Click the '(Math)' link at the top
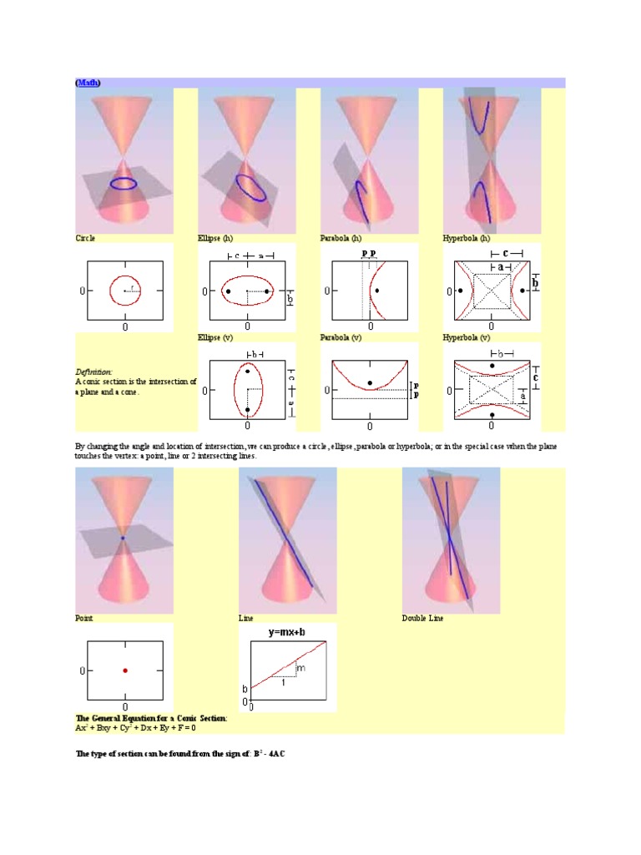pos(88,83)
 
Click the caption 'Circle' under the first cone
pos(85,238)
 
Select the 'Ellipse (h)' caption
pos(215,238)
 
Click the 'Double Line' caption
pos(423,619)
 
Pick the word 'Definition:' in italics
pos(93,372)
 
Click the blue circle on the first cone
pos(125,183)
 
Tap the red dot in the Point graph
pos(125,670)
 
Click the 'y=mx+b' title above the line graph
pos(286,633)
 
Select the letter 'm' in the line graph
pos(301,669)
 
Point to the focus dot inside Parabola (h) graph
pos(377,291)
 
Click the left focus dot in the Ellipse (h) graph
pos(228,291)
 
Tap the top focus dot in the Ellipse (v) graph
pos(248,371)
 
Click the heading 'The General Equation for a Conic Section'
pos(151,718)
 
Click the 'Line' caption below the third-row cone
pos(247,619)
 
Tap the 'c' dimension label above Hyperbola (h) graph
pos(507,253)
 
